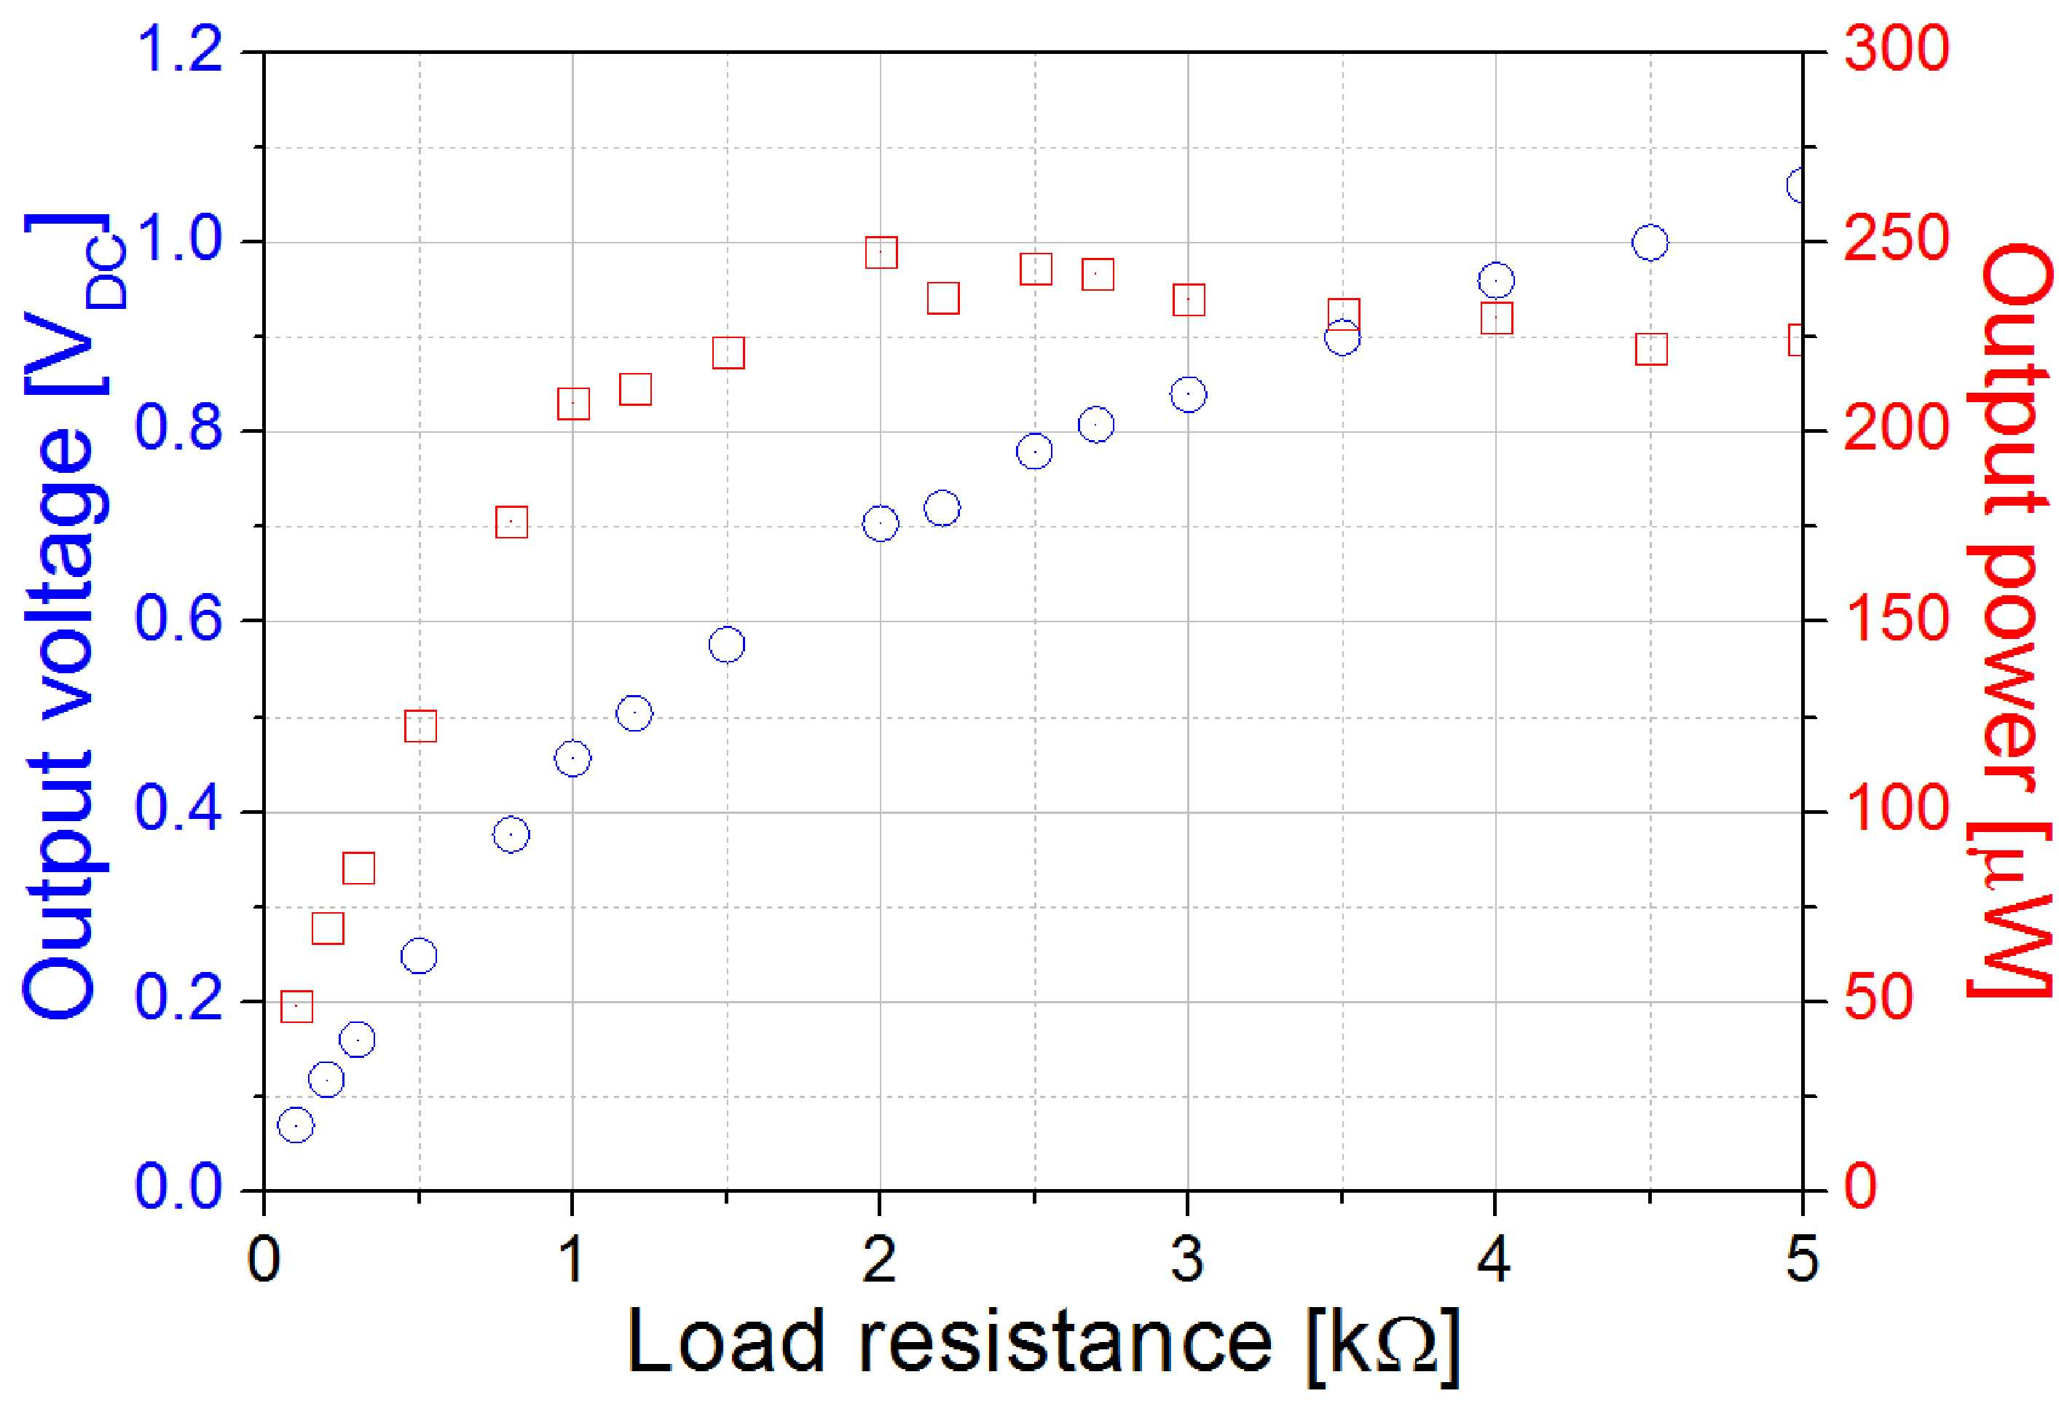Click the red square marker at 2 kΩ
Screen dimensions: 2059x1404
881,237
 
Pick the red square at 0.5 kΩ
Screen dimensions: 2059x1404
421,710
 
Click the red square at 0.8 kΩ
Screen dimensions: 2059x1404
511,506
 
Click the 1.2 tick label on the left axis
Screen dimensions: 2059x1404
179,50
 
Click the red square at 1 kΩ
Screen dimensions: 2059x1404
573,388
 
